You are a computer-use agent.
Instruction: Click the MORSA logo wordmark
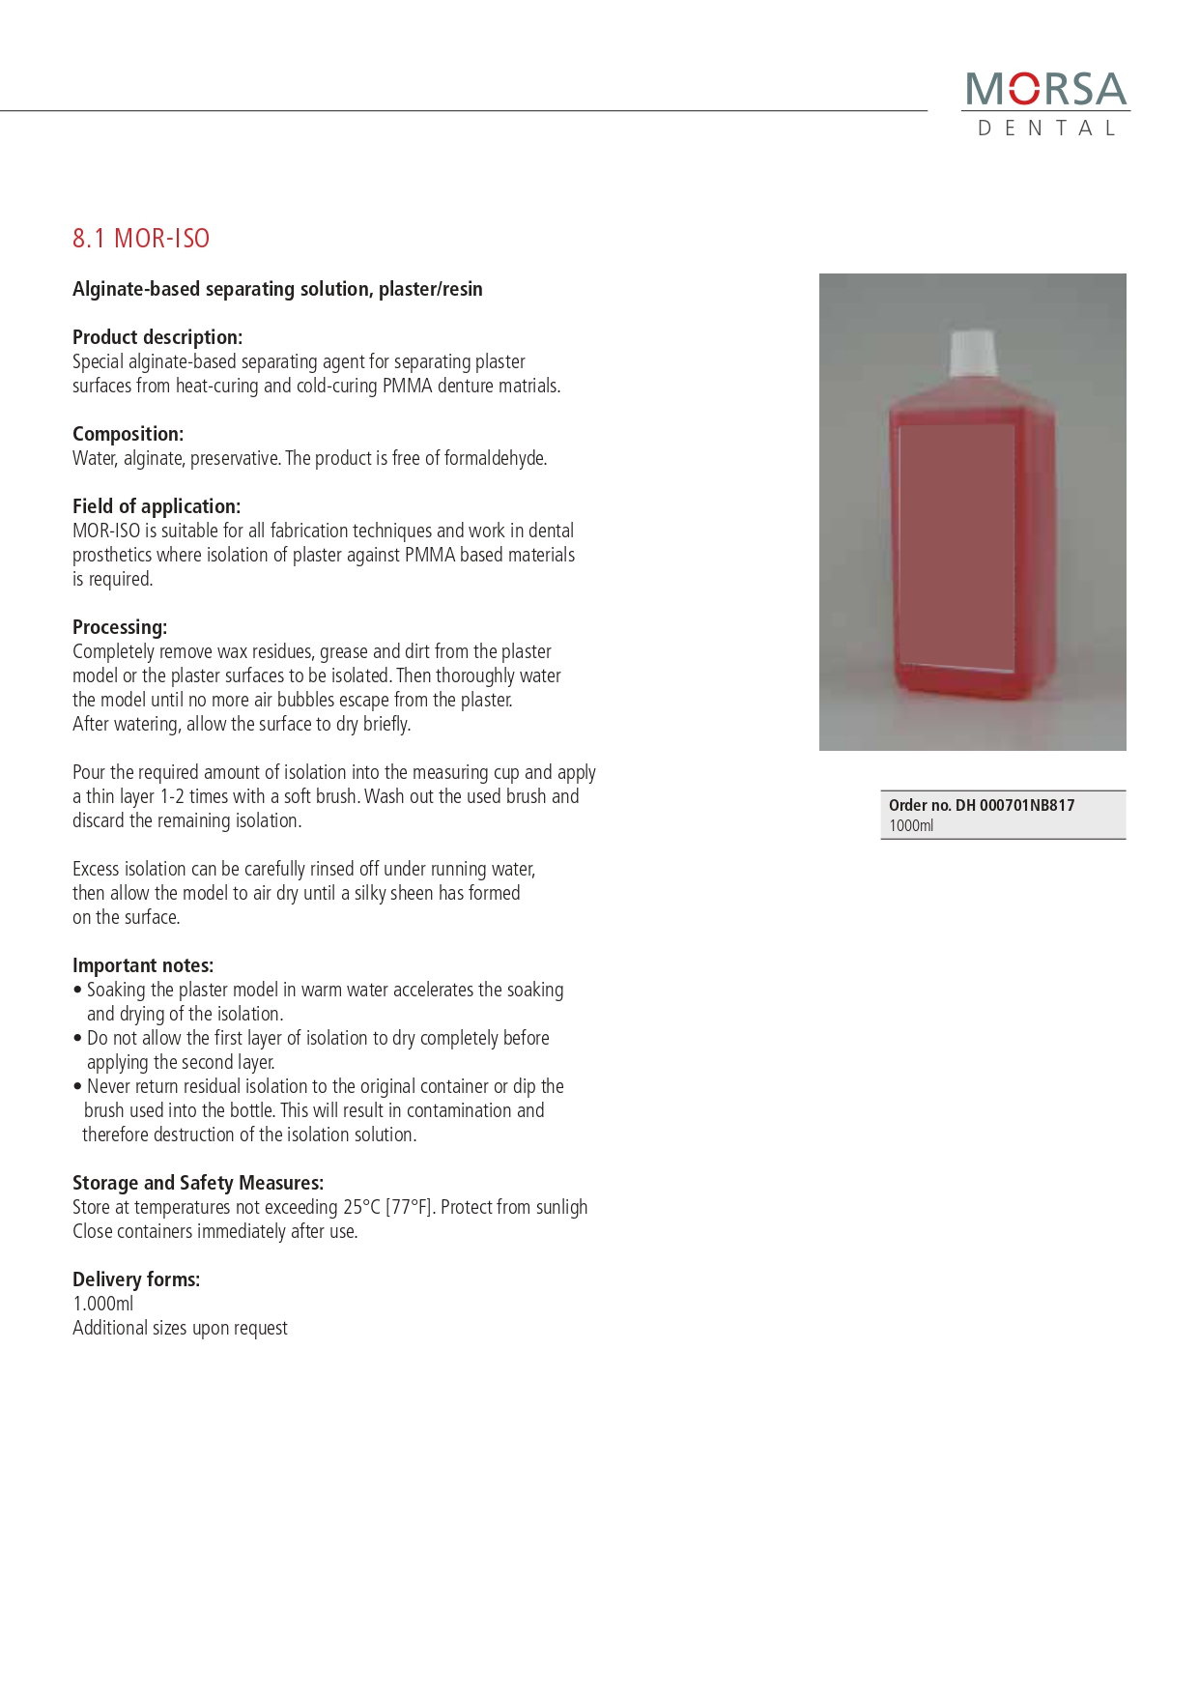1046,89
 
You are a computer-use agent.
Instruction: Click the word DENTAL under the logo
1046,129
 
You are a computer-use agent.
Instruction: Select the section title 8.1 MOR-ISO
141,239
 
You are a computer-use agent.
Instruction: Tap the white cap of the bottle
973,353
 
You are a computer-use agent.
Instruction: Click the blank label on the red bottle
956,546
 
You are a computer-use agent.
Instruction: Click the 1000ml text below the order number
911,825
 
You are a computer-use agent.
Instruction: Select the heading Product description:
157,337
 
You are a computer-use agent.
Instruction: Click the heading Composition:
128,434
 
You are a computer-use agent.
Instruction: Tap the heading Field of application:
157,506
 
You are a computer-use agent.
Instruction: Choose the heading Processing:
120,627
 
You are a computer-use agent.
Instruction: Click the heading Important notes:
143,965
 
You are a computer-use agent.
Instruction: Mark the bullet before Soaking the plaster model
77,990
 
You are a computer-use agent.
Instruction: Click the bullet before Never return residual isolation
77,1086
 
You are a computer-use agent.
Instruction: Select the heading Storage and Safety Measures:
198,1183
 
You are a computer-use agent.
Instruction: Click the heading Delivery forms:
136,1279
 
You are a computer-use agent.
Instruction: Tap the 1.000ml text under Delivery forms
103,1304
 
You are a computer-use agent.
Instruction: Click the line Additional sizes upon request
180,1328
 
